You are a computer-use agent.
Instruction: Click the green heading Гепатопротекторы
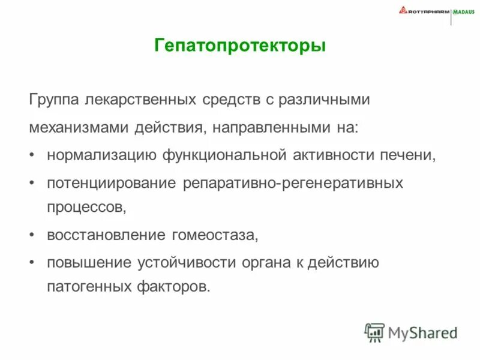tap(240, 46)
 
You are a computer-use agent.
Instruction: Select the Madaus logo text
tap(464, 10)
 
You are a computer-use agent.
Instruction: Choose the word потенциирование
tap(112, 183)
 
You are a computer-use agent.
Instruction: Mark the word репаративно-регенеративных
tap(293, 183)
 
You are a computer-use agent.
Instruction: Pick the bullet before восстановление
tap(32, 235)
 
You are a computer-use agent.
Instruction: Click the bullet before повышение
tap(32, 263)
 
